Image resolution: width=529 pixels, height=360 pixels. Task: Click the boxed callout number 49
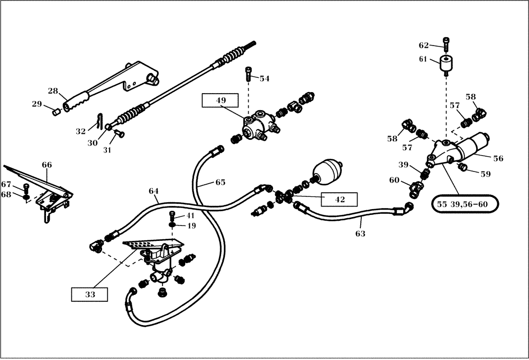point(220,100)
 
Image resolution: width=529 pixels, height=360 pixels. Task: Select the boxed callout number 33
point(90,294)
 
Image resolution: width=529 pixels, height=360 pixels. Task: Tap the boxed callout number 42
point(339,200)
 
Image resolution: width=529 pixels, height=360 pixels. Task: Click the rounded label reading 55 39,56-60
point(467,203)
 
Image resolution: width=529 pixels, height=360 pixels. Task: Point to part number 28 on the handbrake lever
point(53,91)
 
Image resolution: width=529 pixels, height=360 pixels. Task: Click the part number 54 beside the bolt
point(264,78)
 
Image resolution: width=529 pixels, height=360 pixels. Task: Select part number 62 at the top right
point(424,46)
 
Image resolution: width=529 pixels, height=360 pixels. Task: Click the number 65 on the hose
point(220,182)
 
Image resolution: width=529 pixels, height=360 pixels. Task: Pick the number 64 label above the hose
point(153,191)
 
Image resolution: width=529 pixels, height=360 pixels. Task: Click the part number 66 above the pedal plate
point(47,165)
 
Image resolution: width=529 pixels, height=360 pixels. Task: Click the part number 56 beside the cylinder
point(498,158)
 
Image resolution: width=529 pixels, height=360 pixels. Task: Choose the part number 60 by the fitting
point(395,180)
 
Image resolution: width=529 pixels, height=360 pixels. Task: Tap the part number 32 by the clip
point(80,131)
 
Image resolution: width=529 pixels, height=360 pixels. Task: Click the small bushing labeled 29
point(54,111)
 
